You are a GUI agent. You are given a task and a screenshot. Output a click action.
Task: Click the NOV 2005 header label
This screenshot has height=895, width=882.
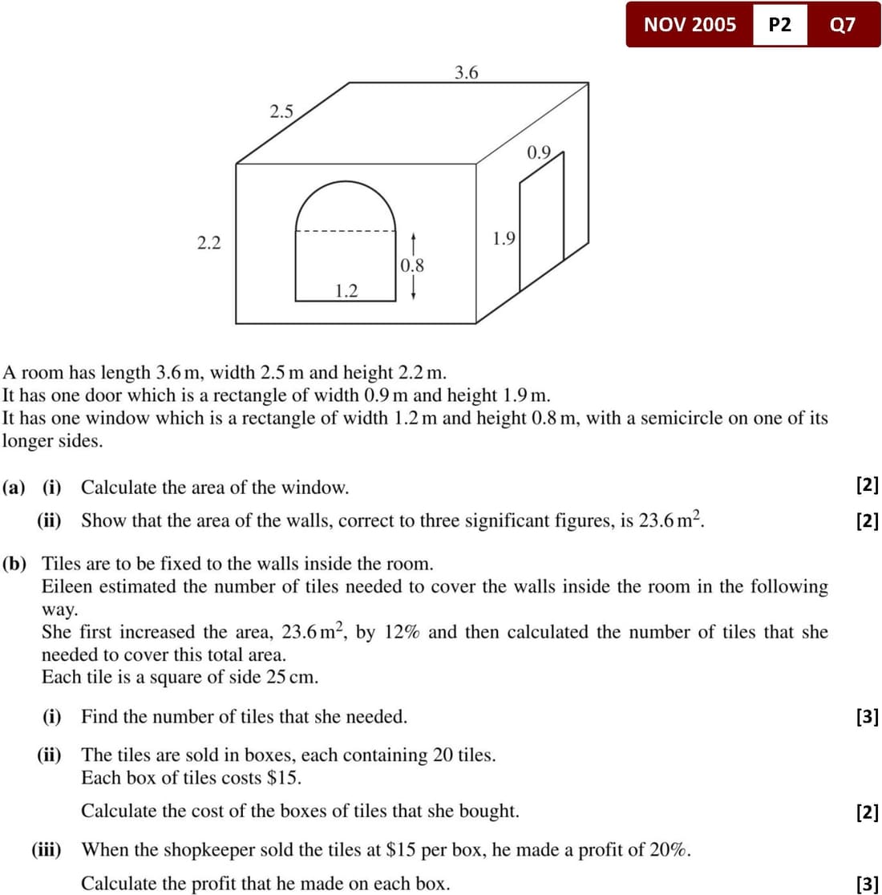pos(690,24)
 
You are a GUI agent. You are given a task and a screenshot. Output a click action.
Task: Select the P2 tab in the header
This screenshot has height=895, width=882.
pos(779,24)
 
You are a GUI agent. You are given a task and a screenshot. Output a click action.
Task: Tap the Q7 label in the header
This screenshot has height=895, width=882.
pos(843,24)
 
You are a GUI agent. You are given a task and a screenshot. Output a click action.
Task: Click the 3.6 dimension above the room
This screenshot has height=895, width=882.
pos(466,73)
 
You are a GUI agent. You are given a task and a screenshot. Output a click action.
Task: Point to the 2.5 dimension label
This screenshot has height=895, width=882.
pos(281,111)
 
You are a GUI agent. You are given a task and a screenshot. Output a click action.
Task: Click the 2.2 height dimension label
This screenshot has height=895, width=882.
pos(209,243)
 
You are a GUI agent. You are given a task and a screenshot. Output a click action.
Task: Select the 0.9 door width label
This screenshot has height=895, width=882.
pos(539,152)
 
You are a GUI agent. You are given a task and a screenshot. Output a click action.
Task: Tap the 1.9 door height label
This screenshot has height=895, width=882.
pos(504,238)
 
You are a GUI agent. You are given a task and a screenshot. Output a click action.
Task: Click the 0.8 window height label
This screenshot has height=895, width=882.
pos(412,265)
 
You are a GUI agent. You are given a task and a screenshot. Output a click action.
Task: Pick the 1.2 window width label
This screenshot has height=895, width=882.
pos(346,290)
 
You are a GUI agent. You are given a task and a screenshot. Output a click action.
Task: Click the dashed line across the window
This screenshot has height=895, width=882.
pos(346,233)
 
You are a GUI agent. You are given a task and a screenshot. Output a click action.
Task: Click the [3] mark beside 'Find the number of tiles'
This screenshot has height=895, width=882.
pos(868,717)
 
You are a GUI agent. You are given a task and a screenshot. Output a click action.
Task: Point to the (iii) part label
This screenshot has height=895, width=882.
pos(47,849)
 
